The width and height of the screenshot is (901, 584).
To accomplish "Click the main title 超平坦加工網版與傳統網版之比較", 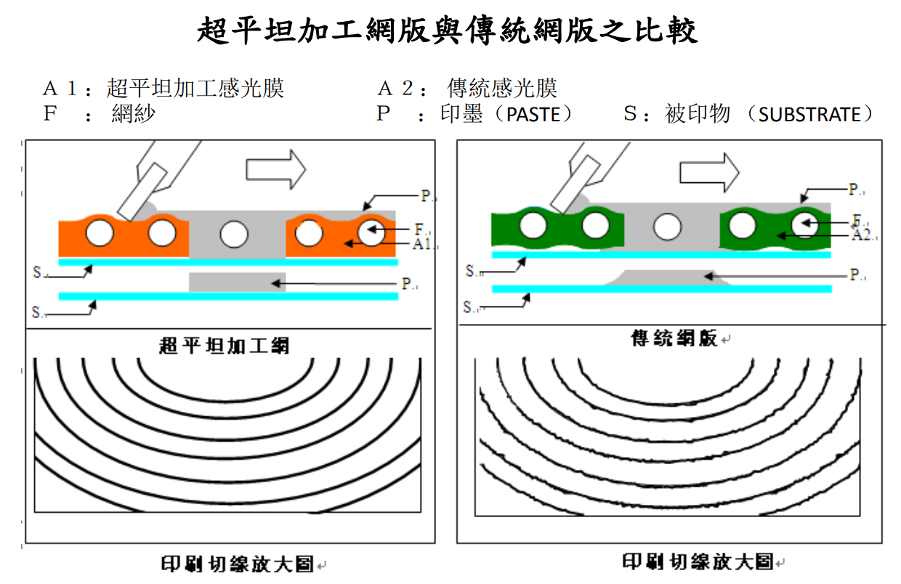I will (x=448, y=31).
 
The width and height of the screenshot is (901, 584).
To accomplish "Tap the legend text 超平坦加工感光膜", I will (x=195, y=89).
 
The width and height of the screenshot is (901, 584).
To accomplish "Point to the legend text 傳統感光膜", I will (x=502, y=89).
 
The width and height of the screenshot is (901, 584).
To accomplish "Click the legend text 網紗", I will (x=134, y=114).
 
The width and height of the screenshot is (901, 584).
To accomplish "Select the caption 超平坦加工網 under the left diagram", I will (x=224, y=345).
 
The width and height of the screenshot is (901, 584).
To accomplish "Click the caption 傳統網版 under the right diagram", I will (x=674, y=338).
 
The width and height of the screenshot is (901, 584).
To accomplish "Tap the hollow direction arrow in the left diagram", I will (x=275, y=169).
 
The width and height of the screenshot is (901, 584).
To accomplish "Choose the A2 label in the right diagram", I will (x=861, y=235).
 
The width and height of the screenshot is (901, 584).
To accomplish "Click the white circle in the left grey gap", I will (x=234, y=235).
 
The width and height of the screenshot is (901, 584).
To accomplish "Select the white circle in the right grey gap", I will (x=666, y=227).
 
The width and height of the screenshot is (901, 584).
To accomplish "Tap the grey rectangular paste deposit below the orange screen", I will (x=237, y=283).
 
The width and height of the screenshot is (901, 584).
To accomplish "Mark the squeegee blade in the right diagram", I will (x=569, y=185).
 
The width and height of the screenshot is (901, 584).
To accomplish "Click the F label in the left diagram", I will (x=419, y=230).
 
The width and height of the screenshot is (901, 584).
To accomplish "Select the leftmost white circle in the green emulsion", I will (x=533, y=226).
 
